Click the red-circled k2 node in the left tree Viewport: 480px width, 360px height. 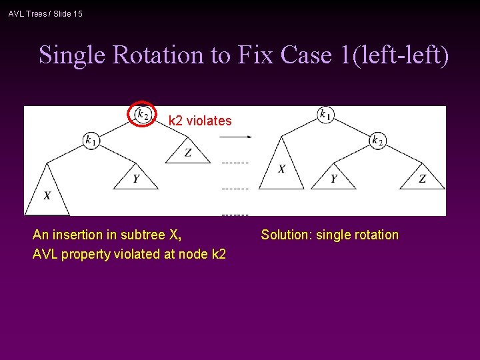click(142, 114)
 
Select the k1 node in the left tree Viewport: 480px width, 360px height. click(91, 140)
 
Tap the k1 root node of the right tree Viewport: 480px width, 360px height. click(325, 114)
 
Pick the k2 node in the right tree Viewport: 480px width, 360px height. click(377, 140)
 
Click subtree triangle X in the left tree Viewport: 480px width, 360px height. click(47, 194)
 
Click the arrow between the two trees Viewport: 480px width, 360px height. click(235, 137)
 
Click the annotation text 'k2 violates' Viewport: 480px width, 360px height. click(200, 121)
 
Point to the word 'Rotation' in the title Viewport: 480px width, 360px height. click(157, 55)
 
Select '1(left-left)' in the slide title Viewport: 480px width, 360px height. click(395, 55)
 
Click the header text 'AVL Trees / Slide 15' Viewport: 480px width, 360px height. click(45, 13)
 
